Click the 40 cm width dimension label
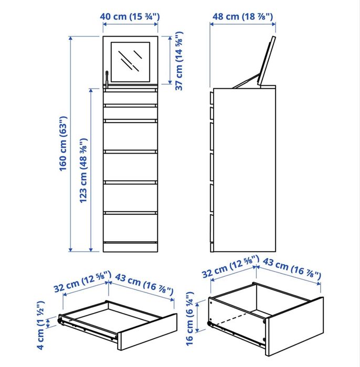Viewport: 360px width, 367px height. pyautogui.click(x=130, y=17)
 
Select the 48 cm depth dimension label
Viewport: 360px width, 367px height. pyautogui.click(x=242, y=17)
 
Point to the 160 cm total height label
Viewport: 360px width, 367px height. pyautogui.click(x=63, y=145)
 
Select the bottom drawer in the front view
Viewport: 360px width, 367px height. pyautogui.click(x=130, y=227)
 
